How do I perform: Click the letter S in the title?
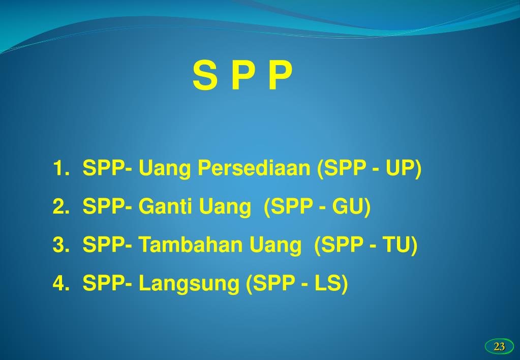click(204, 76)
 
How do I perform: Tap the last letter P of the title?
click(281, 76)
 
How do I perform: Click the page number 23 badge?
click(499, 347)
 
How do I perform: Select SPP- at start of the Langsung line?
click(108, 284)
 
